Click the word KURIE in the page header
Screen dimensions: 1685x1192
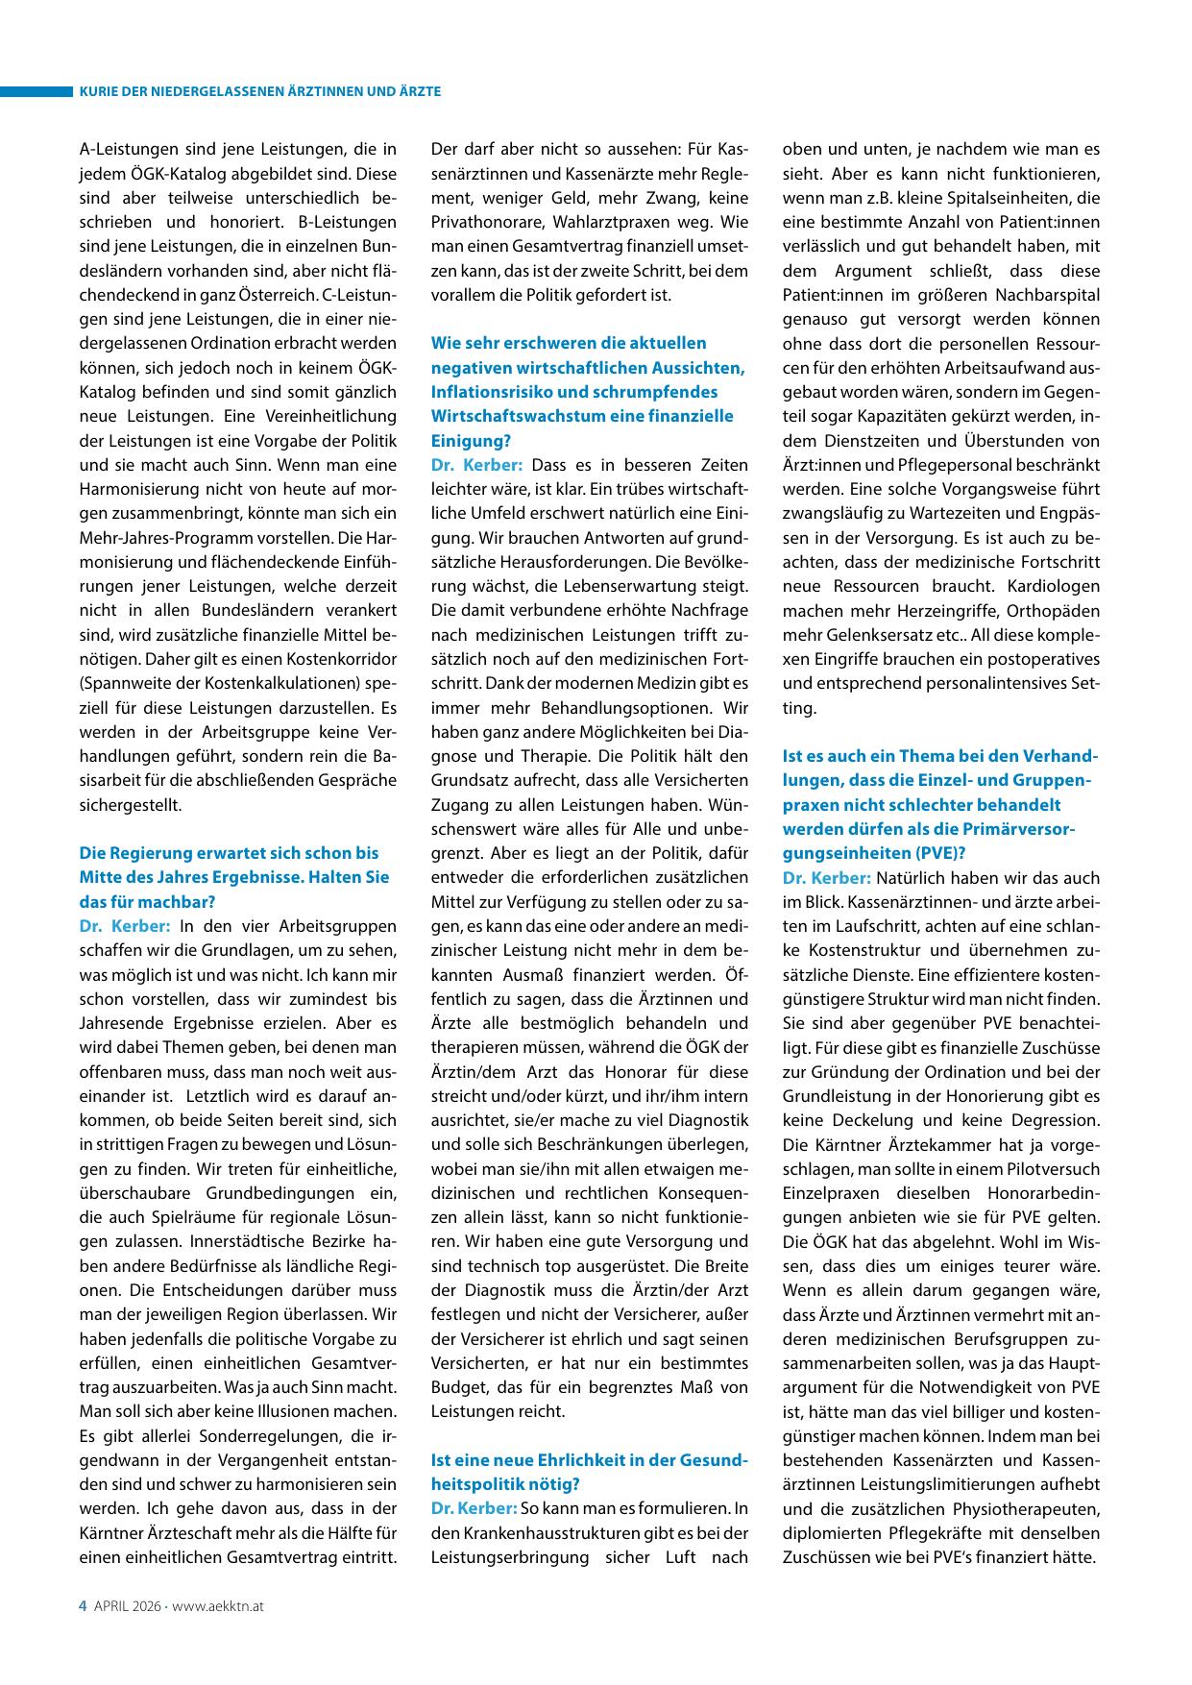point(98,91)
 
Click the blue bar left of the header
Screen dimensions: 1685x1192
point(36,91)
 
